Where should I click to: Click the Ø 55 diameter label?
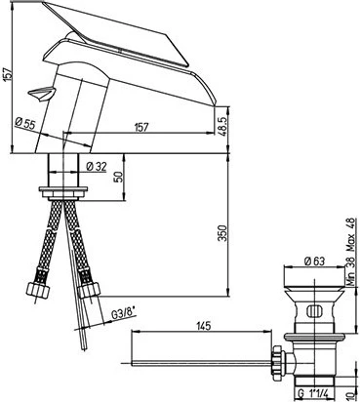pyautogui.click(x=25, y=124)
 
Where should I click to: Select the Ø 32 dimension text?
pyautogui.click(x=97, y=167)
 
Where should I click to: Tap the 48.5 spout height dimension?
pyautogui.click(x=221, y=122)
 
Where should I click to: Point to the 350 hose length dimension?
pyautogui.click(x=222, y=233)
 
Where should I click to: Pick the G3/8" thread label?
pyautogui.click(x=123, y=314)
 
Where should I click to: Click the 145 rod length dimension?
pyautogui.click(x=204, y=325)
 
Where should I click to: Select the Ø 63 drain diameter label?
pyautogui.click(x=314, y=261)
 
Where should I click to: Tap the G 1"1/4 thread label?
pyautogui.click(x=314, y=393)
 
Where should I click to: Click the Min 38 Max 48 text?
pyautogui.click(x=350, y=252)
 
